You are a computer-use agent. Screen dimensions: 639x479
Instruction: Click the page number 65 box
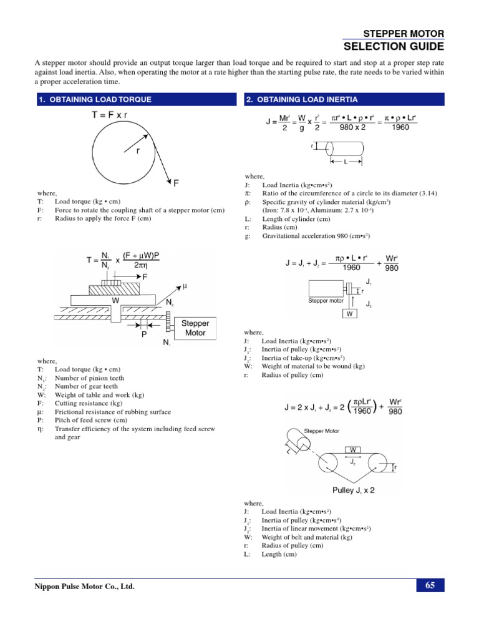(x=430, y=585)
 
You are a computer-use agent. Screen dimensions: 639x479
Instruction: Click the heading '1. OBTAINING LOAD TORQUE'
(x=95, y=99)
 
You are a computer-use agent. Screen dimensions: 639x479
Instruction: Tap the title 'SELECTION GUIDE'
(x=394, y=47)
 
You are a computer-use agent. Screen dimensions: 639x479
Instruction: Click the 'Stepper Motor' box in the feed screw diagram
(x=195, y=328)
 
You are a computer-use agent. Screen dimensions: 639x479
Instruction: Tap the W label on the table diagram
(x=115, y=300)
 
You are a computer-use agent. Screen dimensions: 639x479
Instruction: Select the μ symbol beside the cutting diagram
(x=184, y=286)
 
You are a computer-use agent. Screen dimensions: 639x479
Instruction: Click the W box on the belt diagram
(x=353, y=449)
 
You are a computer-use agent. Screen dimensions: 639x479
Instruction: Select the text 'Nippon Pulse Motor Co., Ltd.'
(x=84, y=587)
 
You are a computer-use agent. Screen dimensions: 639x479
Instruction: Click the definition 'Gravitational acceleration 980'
(x=316, y=237)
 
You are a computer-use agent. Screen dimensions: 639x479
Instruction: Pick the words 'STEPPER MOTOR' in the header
(x=404, y=33)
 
